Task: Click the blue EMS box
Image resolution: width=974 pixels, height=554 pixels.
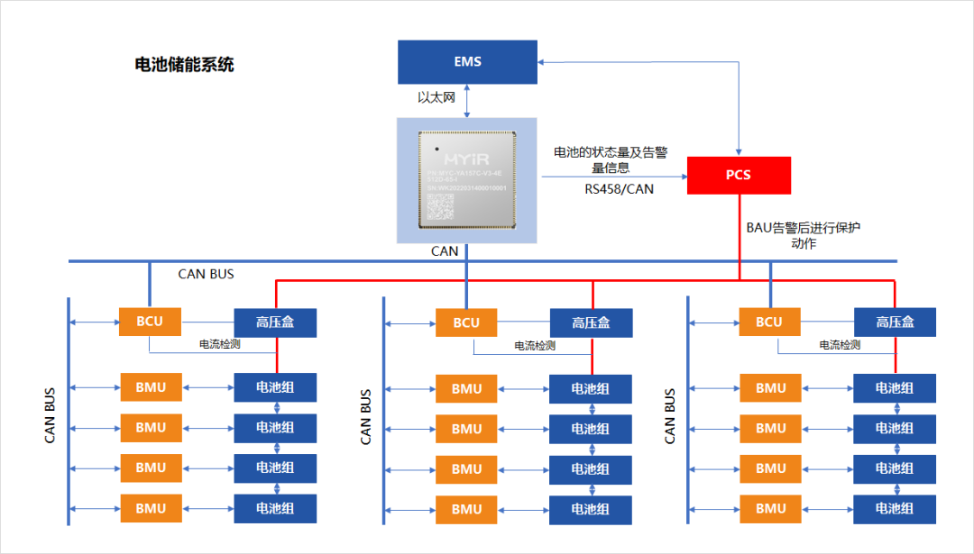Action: point(467,62)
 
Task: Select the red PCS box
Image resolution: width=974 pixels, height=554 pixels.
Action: point(739,175)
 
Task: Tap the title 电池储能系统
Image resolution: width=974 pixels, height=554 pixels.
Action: point(184,65)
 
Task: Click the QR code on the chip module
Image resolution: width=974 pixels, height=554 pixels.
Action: point(439,206)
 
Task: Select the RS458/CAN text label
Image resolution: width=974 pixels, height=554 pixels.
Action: point(619,189)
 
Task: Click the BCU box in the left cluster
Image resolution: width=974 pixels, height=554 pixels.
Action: point(151,321)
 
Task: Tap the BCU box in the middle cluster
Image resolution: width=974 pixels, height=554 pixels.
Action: point(466,322)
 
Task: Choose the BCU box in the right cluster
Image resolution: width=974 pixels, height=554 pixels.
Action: point(769,322)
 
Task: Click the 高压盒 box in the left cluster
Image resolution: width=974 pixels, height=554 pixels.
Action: point(275,322)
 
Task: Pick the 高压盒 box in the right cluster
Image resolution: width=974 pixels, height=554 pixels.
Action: point(895,322)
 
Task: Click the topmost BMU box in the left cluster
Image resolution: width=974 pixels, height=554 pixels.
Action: point(151,387)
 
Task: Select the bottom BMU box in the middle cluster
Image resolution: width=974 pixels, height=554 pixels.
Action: point(466,509)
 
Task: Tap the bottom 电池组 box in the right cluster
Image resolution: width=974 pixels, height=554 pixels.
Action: point(895,508)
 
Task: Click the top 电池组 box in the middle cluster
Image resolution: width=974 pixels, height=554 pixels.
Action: point(591,389)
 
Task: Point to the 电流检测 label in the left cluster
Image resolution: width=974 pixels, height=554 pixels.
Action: point(219,344)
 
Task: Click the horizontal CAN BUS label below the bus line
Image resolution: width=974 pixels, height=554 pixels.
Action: point(206,274)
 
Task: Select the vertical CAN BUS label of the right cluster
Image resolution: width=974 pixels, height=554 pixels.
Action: point(670,416)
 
